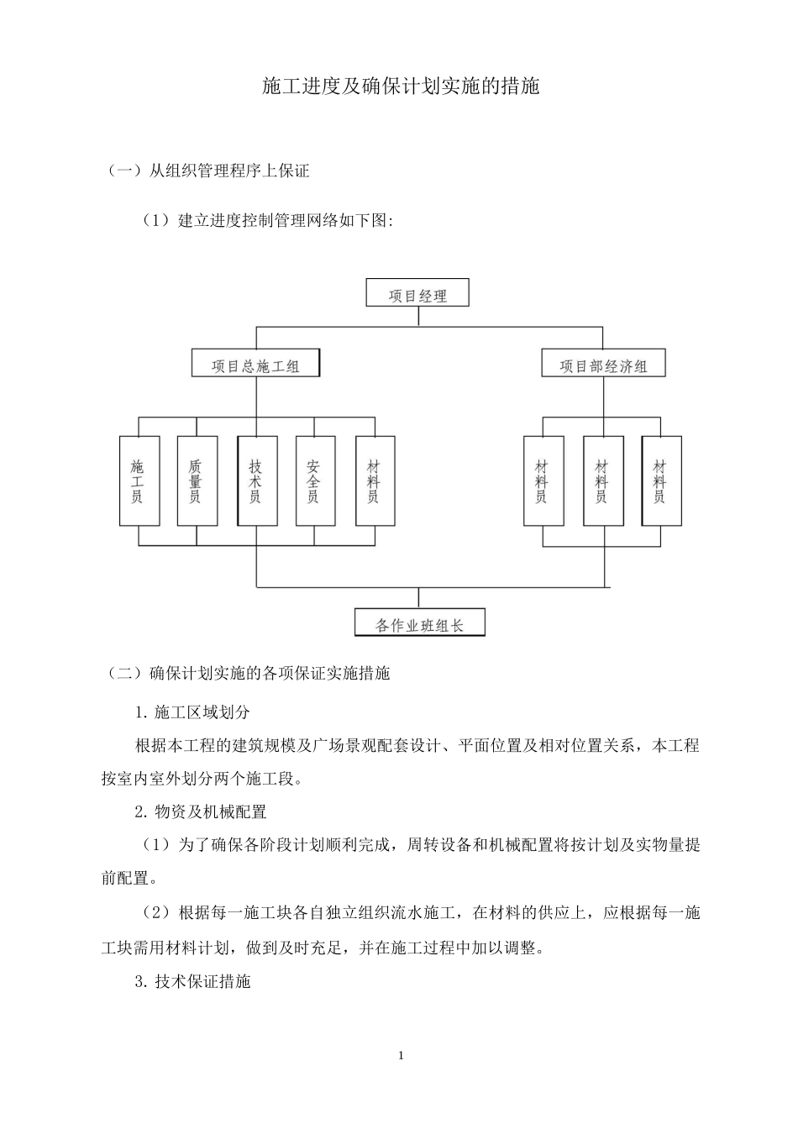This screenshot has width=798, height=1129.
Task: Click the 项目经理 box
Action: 417,295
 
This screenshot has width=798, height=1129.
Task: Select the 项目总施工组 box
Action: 255,365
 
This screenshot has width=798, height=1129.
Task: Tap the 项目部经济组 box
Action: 603,365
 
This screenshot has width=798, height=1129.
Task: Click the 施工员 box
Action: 139,480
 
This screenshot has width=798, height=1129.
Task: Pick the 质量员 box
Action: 197,480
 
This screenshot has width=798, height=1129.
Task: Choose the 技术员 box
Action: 256,480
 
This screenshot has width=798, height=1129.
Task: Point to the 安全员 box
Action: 315,480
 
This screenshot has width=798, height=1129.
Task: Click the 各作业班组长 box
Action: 419,624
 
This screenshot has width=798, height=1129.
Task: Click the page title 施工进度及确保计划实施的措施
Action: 400,87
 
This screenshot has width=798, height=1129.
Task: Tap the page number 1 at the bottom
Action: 401,1055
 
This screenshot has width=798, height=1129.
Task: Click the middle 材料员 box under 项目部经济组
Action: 602,480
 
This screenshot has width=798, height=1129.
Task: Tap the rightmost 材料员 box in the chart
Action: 661,480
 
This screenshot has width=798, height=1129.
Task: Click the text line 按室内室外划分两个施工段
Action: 202,779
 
